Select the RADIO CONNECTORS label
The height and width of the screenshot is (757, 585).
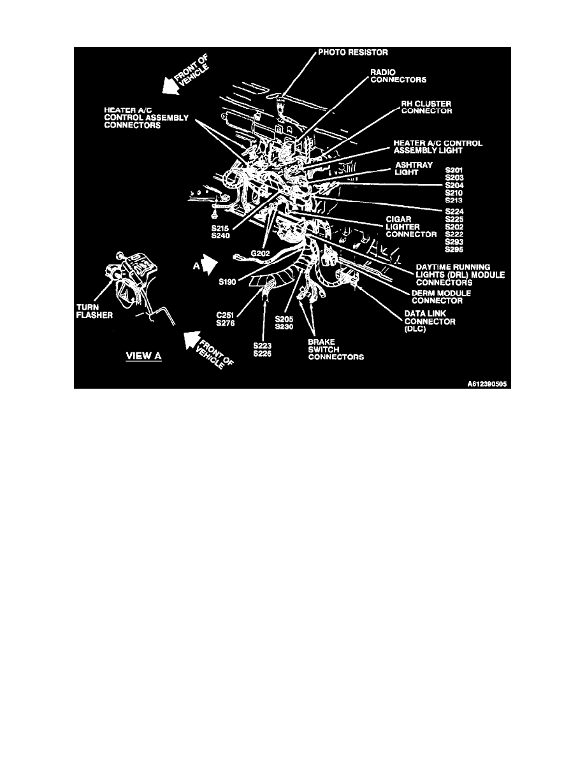point(399,76)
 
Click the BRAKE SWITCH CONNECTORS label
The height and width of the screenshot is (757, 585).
point(336,349)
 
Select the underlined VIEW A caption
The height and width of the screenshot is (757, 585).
point(144,356)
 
